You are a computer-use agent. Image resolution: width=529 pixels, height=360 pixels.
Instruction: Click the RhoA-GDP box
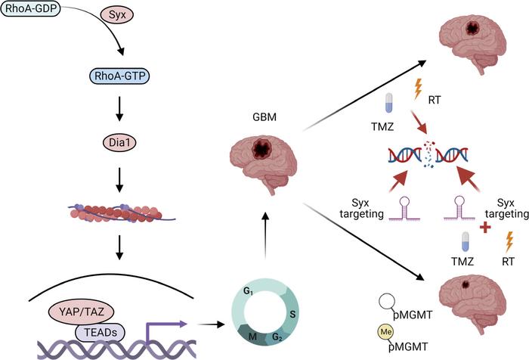coord(31,10)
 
